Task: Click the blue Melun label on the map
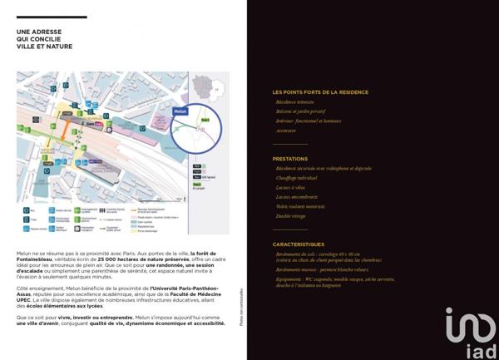181,110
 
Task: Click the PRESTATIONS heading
290,159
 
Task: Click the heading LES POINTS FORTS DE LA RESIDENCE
320,92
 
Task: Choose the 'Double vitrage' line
291,216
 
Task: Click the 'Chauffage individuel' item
297,177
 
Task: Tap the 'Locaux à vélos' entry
290,187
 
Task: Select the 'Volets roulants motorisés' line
300,206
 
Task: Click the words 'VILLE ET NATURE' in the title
44,47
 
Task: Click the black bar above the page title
52,17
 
